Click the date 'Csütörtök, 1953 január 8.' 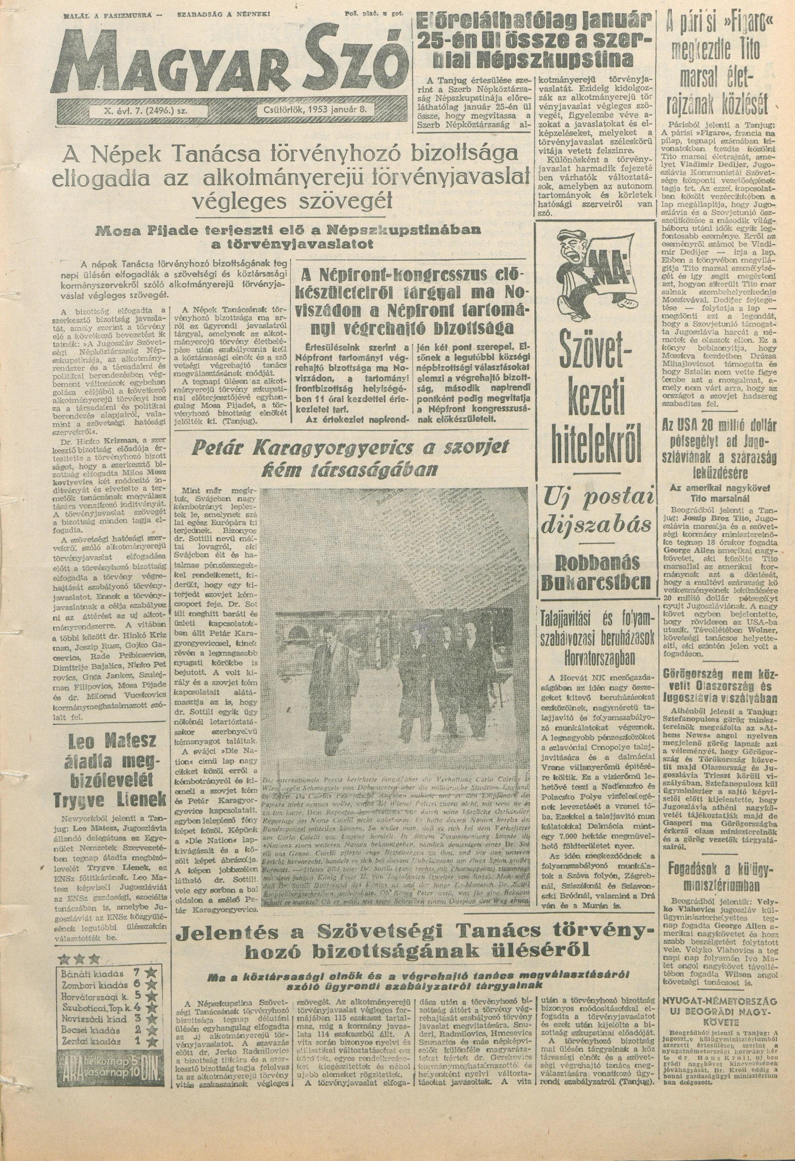[317, 110]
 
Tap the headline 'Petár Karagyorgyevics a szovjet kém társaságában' [350, 457]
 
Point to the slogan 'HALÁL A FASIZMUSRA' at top [108, 15]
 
